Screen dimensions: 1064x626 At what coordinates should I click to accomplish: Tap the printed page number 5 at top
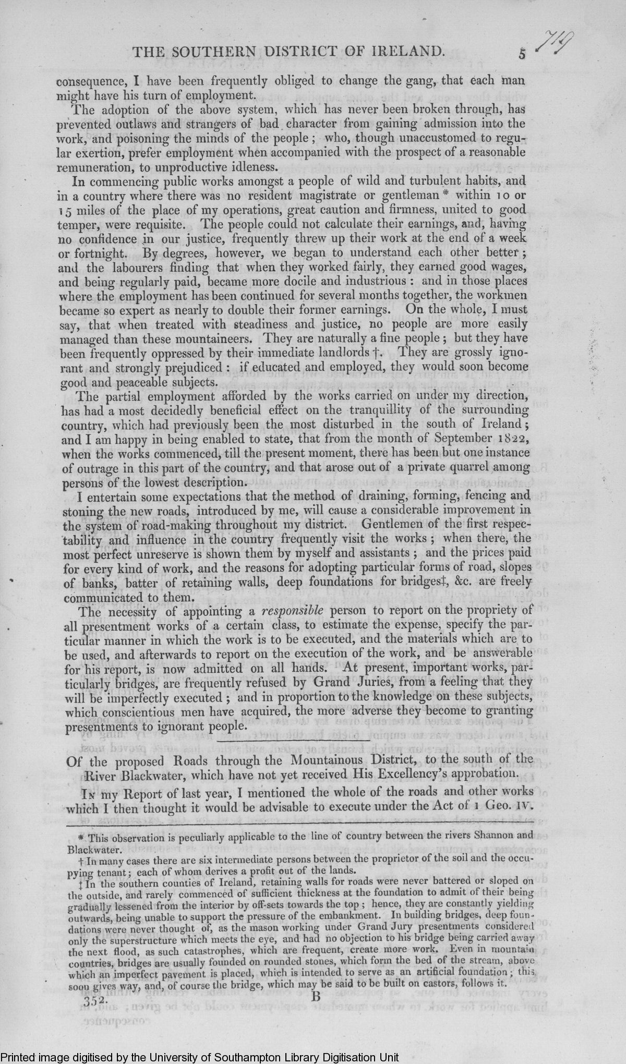click(x=521, y=53)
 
